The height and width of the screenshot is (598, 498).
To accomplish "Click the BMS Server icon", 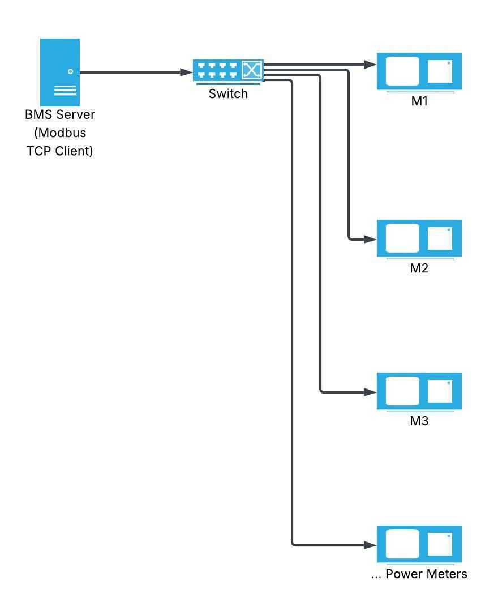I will click(x=60, y=72).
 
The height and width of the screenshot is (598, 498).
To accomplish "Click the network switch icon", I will click(x=228, y=71).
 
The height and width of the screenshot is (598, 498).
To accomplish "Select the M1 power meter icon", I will click(x=419, y=71).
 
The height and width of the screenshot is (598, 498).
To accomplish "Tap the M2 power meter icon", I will click(x=419, y=238).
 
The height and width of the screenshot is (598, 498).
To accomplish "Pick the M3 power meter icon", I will click(x=419, y=391).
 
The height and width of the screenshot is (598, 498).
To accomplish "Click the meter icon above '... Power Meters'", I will click(x=419, y=544).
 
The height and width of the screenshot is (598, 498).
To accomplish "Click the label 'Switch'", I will click(x=228, y=94).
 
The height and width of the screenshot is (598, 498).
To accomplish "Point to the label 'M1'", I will click(x=419, y=102).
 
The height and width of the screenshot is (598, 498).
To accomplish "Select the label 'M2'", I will click(x=419, y=268).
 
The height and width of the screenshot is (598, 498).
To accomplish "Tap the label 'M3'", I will click(x=419, y=421).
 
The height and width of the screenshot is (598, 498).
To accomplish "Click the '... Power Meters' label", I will click(x=419, y=574).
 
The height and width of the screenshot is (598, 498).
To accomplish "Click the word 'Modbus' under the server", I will click(x=60, y=133).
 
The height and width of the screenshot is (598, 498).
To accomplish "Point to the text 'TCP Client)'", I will click(x=60, y=151).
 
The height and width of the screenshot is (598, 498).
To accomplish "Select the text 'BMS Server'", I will click(x=60, y=114).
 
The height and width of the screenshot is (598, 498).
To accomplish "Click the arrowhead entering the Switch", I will click(x=186, y=72).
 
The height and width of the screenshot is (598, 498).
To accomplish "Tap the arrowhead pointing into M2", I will click(x=371, y=240).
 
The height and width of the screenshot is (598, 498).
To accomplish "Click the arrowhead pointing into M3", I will click(x=371, y=392).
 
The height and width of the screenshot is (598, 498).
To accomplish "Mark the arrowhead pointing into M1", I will click(x=371, y=65).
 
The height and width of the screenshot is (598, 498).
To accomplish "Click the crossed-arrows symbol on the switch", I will click(x=252, y=71).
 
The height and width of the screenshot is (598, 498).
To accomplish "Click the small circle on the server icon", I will click(x=71, y=71).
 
